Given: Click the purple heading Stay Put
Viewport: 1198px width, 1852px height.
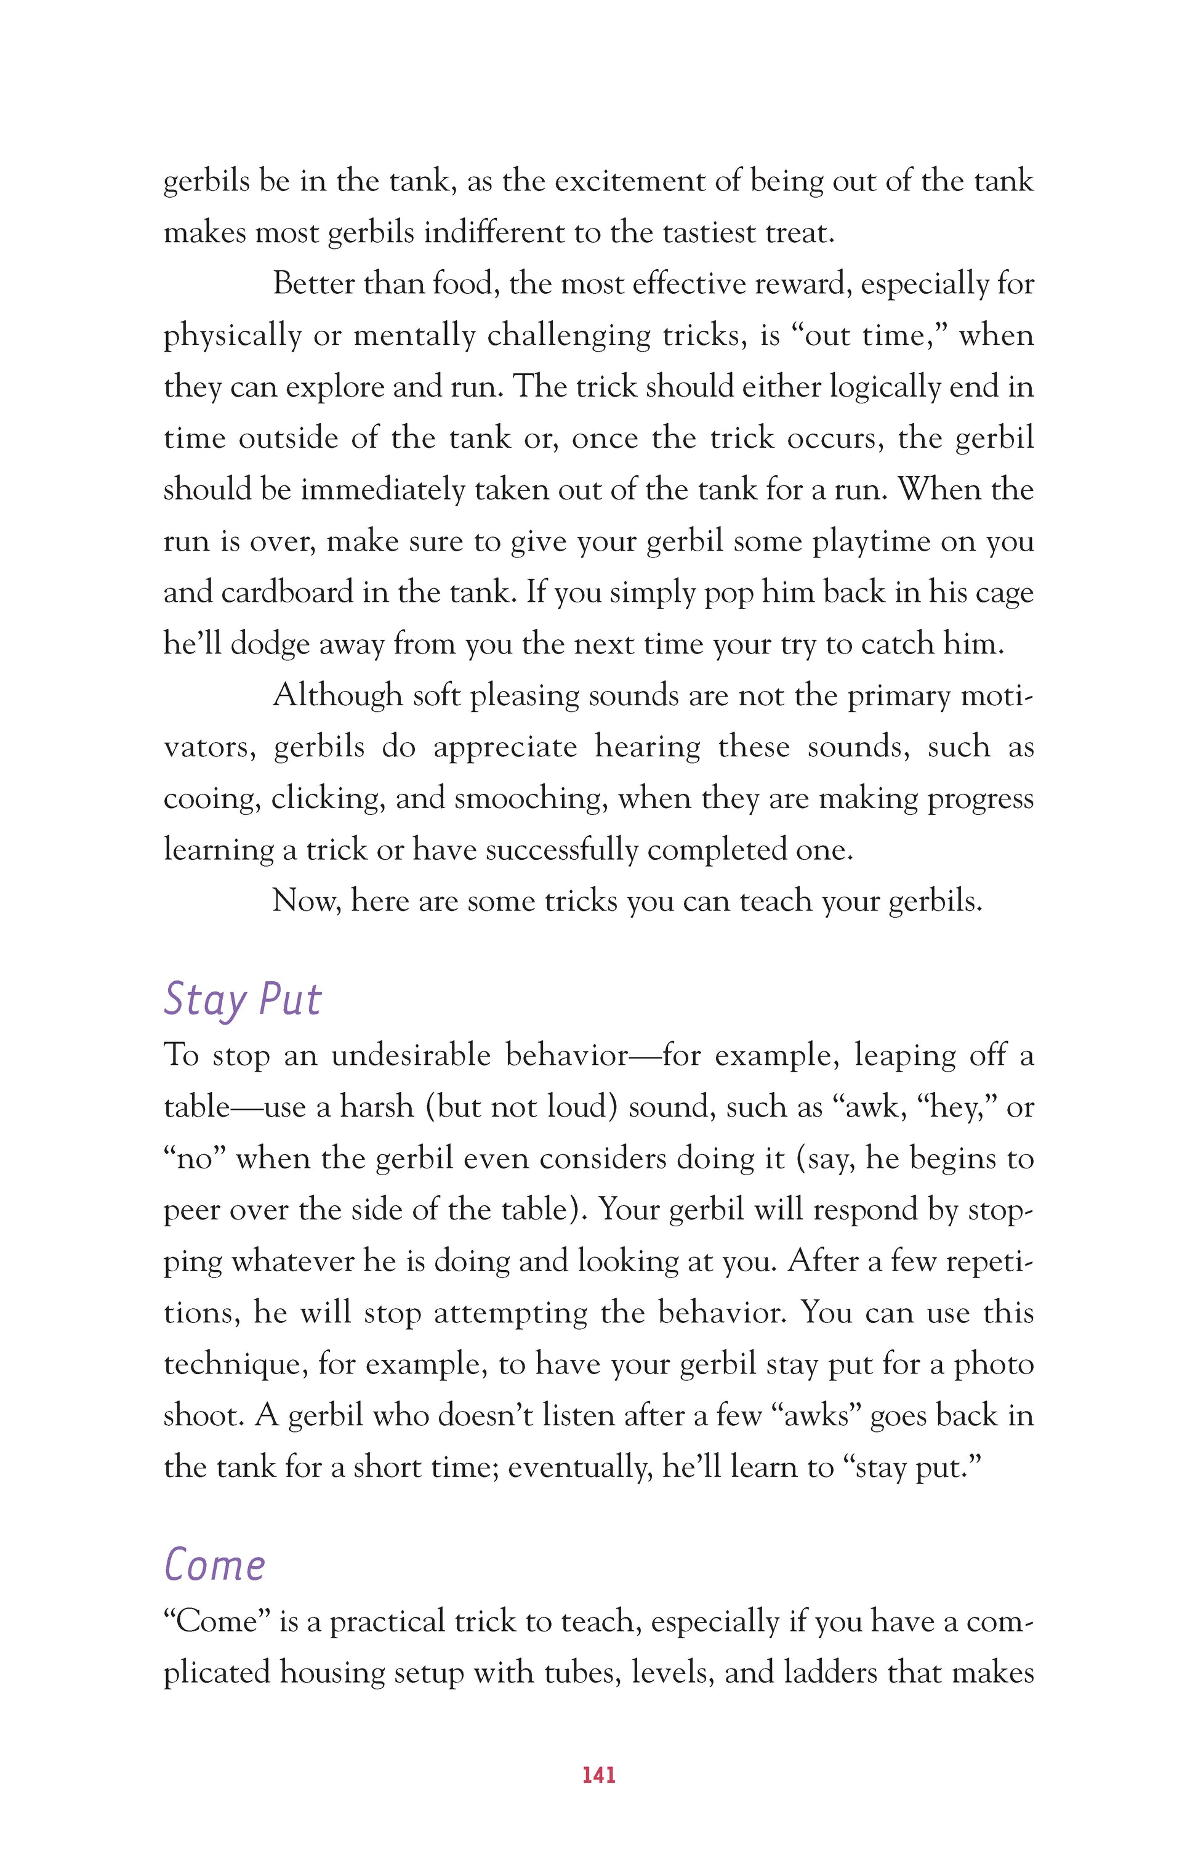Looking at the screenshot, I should [x=242, y=1000].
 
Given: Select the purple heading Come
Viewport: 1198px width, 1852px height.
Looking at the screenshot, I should [x=215, y=1565].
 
